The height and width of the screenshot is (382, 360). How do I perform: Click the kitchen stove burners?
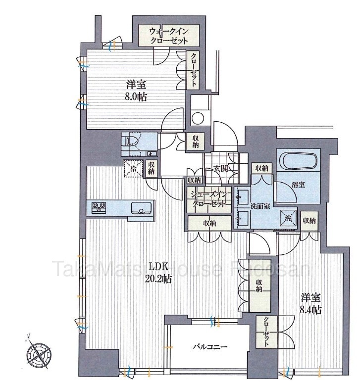(x=99, y=208)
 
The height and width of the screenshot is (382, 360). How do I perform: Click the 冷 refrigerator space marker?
(x=133, y=168)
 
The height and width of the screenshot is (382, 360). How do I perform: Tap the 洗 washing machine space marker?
(x=288, y=218)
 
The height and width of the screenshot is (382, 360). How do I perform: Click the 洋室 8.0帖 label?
(x=136, y=91)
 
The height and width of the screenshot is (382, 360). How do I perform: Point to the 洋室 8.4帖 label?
(x=310, y=304)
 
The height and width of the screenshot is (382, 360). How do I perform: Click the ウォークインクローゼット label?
(x=169, y=36)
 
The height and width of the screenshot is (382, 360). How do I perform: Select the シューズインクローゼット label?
(x=209, y=199)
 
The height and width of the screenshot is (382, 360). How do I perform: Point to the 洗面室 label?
(x=260, y=206)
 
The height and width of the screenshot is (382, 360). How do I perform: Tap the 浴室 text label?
(x=298, y=185)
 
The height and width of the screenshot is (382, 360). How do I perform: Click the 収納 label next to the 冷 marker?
(x=151, y=168)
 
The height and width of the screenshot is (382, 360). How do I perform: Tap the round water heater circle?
(x=198, y=118)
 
